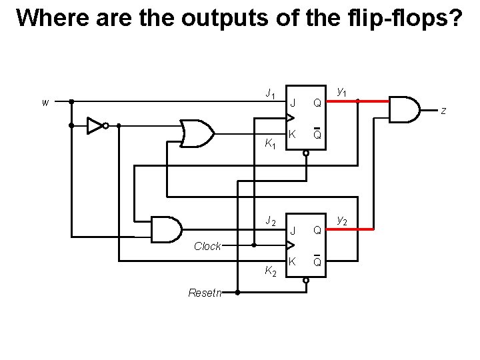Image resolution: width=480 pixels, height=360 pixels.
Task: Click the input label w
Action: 45,103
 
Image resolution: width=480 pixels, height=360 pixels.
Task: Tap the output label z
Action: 443,111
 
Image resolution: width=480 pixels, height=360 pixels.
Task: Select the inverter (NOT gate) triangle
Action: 95,125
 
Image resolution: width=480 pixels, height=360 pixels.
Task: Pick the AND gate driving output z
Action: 404,109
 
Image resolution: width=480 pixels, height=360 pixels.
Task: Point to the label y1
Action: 341,91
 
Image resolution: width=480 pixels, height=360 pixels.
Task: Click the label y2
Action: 341,219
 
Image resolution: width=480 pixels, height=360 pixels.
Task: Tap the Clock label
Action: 207,246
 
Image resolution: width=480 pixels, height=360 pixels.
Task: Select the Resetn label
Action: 205,292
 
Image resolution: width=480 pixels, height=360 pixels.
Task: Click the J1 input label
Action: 270,94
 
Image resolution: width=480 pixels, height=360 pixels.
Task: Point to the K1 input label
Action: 270,143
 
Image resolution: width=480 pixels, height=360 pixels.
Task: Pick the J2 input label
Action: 270,221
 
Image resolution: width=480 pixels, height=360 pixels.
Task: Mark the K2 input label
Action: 270,271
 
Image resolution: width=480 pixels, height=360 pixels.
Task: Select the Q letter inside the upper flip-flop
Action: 318,103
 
